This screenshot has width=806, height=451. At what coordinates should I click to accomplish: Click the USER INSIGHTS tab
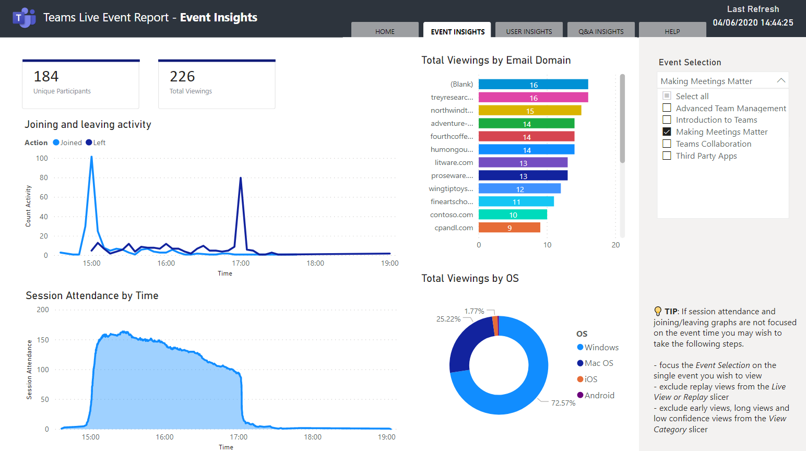(529, 31)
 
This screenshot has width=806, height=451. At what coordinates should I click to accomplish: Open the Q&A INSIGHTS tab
(601, 31)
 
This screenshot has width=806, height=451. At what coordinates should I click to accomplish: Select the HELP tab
(672, 31)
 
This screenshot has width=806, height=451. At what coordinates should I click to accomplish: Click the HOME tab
(385, 31)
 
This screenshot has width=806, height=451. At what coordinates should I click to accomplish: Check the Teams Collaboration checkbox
(667, 144)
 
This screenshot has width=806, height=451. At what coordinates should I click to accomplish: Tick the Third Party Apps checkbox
(667, 156)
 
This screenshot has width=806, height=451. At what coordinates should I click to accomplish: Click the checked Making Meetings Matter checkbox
(667, 132)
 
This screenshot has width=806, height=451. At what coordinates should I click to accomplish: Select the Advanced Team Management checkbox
(667, 108)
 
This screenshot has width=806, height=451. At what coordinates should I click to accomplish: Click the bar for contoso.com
(513, 215)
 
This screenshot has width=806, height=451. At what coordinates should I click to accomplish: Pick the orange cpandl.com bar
(509, 228)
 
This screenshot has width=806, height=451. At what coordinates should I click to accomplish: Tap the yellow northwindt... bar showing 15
(529, 111)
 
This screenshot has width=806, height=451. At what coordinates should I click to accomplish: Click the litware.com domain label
(454, 162)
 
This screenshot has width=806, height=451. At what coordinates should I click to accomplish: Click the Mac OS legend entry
(598, 363)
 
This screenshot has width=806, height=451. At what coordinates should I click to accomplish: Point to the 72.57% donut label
(563, 403)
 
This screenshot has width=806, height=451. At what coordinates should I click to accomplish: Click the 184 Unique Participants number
(46, 77)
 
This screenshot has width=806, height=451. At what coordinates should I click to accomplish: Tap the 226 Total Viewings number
(182, 77)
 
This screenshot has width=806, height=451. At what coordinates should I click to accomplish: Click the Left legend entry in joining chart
(96, 143)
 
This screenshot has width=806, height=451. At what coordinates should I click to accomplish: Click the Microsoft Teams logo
(24, 18)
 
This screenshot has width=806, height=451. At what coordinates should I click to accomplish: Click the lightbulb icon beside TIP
(658, 311)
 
